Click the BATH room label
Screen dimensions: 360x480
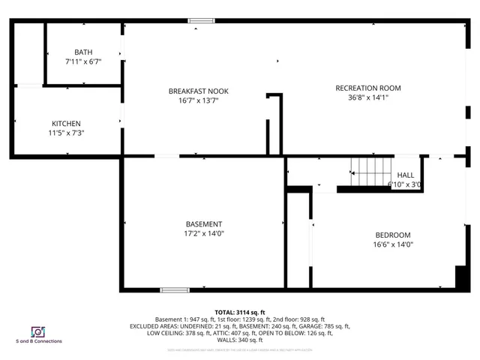click(83, 52)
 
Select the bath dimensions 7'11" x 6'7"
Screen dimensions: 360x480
click(83, 61)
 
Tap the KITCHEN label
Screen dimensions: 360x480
click(66, 124)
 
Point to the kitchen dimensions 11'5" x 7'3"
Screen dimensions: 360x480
click(66, 133)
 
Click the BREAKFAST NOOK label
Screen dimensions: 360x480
click(198, 91)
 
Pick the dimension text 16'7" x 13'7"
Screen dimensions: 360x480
click(198, 100)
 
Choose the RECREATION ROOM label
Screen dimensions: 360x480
click(363, 88)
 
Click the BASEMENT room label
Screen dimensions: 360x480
click(204, 224)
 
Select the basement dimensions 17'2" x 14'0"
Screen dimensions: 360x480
click(204, 233)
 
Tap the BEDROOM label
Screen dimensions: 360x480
click(393, 235)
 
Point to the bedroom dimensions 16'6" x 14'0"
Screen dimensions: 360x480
click(393, 244)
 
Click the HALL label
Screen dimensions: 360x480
click(405, 175)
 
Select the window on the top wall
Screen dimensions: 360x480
click(200, 21)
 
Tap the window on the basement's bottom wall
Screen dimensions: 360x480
click(175, 290)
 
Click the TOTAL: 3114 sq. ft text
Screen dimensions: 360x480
click(240, 311)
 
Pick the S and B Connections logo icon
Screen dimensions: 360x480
click(37, 331)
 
